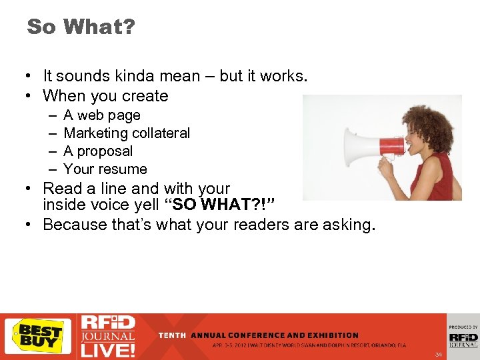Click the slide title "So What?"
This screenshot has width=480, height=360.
pos(80,27)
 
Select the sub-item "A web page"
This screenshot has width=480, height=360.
pos(102,115)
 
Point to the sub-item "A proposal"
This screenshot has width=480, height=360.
pos(98,151)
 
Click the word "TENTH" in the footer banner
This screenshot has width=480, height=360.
pos(172,335)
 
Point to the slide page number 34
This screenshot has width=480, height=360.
pos(438,354)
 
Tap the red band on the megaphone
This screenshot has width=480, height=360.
pos(391,146)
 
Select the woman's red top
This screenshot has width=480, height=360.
pos(437,177)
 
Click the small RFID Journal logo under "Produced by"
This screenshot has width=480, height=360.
pos(463,339)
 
